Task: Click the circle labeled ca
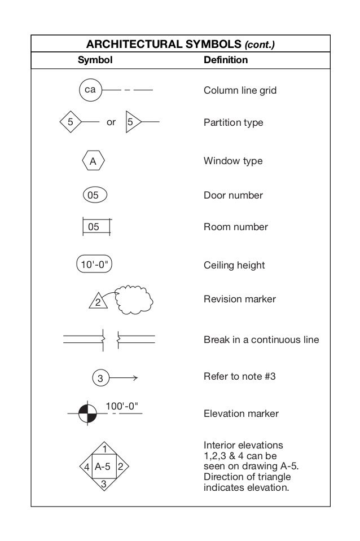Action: (90, 90)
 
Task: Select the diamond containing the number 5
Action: (71, 121)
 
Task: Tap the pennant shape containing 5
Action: (132, 121)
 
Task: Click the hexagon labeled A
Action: (93, 161)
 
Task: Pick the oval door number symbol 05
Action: (94, 195)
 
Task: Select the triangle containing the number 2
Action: (98, 301)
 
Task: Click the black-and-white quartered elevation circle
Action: (88, 414)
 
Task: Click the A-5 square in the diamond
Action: (103, 467)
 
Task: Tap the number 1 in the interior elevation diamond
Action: (103, 448)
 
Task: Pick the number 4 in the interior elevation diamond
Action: (86, 467)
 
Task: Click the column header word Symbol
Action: (95, 59)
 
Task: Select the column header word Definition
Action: (225, 59)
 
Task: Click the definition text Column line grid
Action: (240, 90)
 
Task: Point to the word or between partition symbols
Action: (111, 122)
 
